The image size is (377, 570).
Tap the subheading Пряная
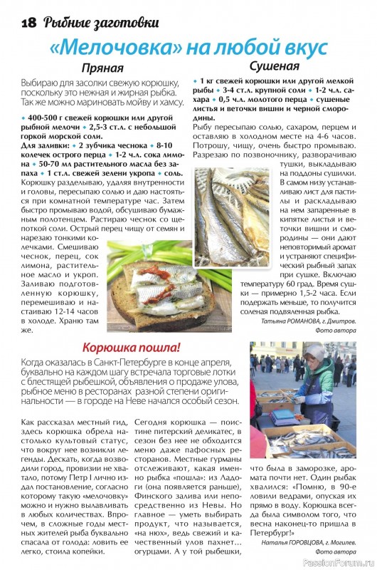[x=102, y=68]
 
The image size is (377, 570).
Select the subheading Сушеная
[x=273, y=66]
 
